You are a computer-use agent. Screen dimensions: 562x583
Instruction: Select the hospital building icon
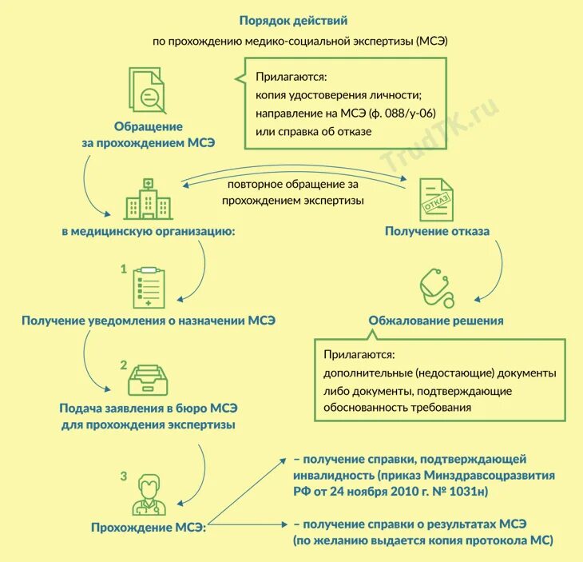pyautogui.click(x=148, y=197)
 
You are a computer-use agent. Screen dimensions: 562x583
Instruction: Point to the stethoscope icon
pyautogui.click(x=435, y=288)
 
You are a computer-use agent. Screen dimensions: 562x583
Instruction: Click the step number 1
pyautogui.click(x=123, y=269)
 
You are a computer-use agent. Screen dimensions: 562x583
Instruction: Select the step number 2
pyautogui.click(x=123, y=365)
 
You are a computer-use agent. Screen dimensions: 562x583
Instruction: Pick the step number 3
pyautogui.click(x=123, y=476)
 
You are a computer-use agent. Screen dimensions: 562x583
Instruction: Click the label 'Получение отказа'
pyautogui.click(x=437, y=231)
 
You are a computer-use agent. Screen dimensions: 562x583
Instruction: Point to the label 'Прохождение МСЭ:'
pyautogui.click(x=148, y=527)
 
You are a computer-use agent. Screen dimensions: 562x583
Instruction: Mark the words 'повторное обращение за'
pyautogui.click(x=294, y=185)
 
